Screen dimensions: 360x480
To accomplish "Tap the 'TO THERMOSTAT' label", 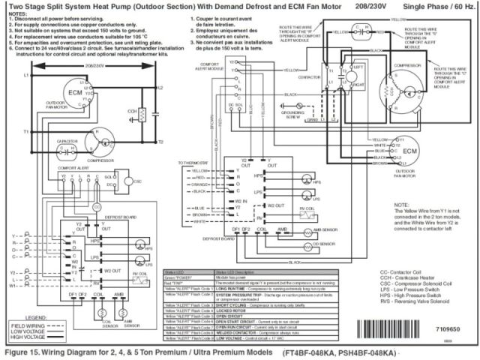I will pyautogui.click(x=192, y=163).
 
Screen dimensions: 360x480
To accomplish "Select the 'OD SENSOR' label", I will pyautogui.click(x=324, y=244).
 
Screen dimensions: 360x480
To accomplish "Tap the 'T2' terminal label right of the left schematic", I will pyautogui.click(x=160, y=142).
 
